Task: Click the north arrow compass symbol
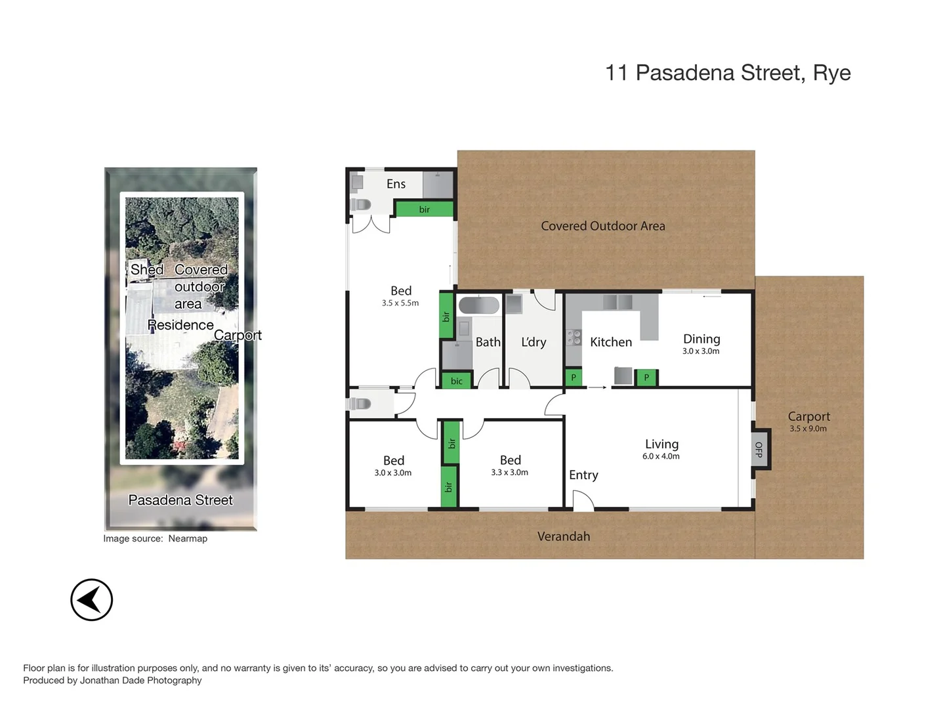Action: pos(92,599)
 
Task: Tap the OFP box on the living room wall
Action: pos(759,449)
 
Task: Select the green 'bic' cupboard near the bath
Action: pos(457,381)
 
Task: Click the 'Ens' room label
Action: pos(396,184)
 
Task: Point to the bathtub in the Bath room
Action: pos(478,305)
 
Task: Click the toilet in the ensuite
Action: pos(361,205)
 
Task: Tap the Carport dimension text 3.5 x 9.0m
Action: pos(808,429)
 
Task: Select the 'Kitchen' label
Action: pos(610,342)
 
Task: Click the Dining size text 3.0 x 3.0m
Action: pos(701,351)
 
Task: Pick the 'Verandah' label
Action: pos(563,536)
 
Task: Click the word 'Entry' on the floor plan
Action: pos(583,475)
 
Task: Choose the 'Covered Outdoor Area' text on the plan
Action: pos(602,226)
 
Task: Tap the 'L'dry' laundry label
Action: pos(534,342)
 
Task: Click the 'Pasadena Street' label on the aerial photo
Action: pos(180,500)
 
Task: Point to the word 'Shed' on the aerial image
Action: pos(146,270)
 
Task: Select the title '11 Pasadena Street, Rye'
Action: pos(728,73)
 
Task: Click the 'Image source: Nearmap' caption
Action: pos(155,538)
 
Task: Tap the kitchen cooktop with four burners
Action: pos(574,337)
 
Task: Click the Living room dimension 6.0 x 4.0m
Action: pos(661,456)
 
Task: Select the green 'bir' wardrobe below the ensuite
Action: pos(424,209)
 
